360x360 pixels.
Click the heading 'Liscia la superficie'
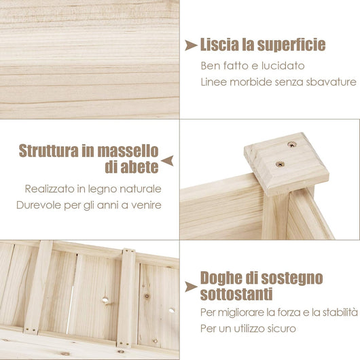pyautogui.click(x=263, y=46)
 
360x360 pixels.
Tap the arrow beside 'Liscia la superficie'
pyautogui.click(x=191, y=46)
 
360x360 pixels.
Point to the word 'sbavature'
pyautogui.click(x=333, y=82)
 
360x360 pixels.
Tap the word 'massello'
pyautogui.click(x=132, y=150)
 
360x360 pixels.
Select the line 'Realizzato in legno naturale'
pyautogui.click(x=94, y=189)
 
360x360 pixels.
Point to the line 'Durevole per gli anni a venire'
pyautogui.click(x=92, y=205)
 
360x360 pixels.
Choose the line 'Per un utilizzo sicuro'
pyautogui.click(x=249, y=329)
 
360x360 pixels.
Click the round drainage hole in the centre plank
pyautogui.click(x=106, y=298)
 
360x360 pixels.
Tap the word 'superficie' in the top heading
pyautogui.click(x=291, y=46)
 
